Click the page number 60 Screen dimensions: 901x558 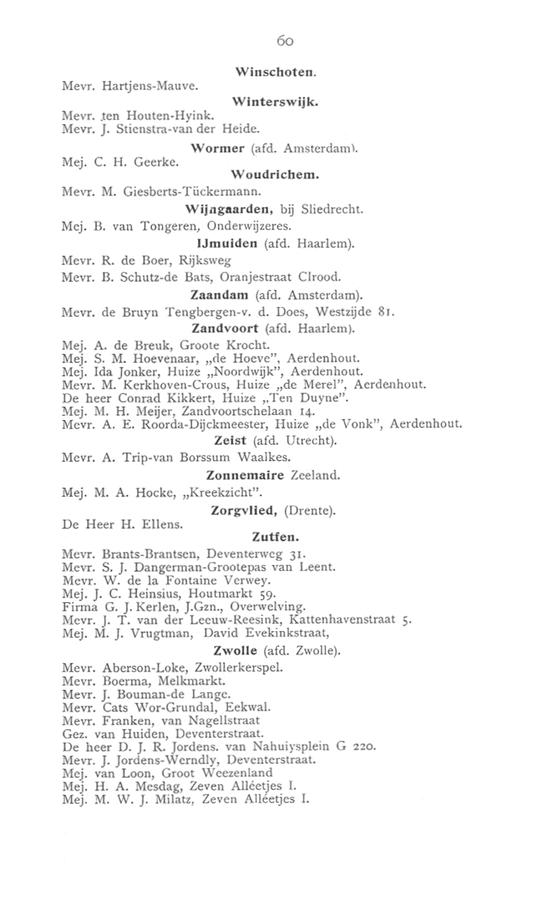285,41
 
